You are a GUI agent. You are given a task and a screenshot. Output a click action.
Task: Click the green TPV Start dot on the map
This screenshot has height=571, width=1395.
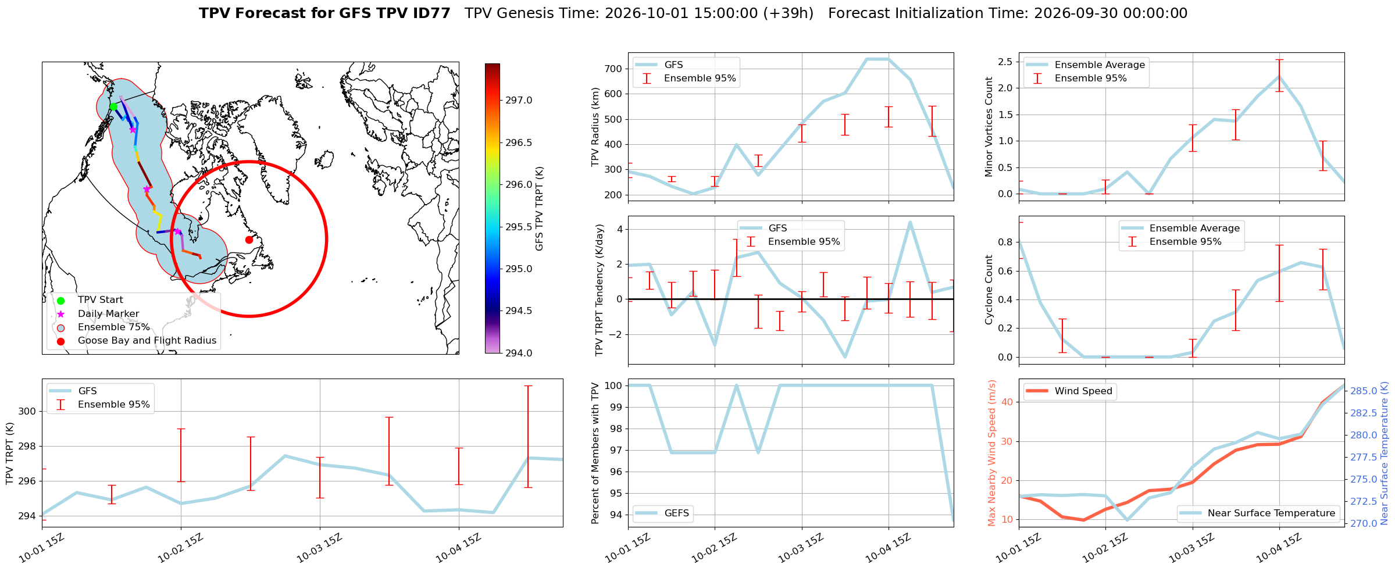[113, 106]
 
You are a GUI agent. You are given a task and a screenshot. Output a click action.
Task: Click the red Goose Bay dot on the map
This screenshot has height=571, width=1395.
[249, 240]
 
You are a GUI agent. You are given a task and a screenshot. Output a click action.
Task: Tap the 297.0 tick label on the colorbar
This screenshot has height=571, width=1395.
[519, 101]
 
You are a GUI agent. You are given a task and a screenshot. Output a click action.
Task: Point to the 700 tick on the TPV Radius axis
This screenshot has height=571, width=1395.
[614, 69]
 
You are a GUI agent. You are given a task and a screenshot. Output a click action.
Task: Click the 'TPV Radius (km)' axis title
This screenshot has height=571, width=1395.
[595, 127]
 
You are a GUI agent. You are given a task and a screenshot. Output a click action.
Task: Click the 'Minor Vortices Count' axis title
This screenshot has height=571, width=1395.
[989, 127]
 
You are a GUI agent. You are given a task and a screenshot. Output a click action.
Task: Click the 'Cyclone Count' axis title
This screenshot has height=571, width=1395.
[989, 290]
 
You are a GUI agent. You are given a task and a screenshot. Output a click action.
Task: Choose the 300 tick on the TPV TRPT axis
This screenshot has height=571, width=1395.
[27, 412]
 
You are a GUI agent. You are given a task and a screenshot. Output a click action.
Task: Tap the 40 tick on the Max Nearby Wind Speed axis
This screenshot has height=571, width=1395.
[1008, 402]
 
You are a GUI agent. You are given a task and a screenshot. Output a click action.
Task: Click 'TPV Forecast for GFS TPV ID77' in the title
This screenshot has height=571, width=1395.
[324, 13]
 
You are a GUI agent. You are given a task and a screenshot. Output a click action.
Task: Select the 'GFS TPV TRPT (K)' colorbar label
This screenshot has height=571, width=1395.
[540, 208]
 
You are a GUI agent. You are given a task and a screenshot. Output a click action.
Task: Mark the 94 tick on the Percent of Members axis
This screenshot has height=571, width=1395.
[617, 515]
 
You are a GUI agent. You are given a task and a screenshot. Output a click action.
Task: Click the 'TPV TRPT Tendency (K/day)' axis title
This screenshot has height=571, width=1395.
[600, 290]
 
